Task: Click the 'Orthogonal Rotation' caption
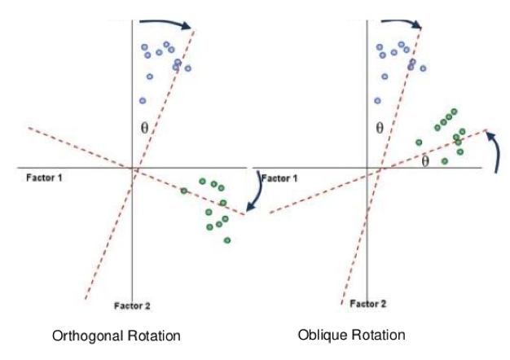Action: pos(116,336)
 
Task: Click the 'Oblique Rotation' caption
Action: pos(351,335)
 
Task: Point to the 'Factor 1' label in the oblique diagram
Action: pos(279,177)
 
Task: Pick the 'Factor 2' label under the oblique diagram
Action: pos(368,304)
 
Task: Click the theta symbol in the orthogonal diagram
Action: pos(145,129)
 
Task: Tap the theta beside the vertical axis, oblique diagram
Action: pos(380,129)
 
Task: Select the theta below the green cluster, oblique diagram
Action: pos(424,162)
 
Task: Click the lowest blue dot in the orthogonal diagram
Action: pos(143,101)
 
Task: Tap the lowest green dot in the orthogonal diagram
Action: pos(226,239)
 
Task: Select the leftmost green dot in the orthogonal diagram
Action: pos(183,191)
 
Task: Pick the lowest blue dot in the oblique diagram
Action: pos(377,100)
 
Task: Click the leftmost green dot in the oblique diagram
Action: pos(419,143)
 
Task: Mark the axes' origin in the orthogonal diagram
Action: pos(132,169)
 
